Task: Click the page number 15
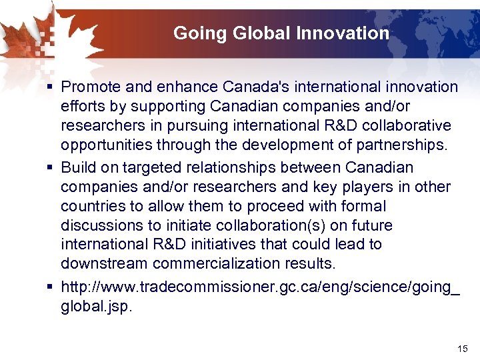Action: click(463, 349)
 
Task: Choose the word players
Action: click(379, 187)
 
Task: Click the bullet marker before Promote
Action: click(51, 87)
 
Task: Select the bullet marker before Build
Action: click(51, 167)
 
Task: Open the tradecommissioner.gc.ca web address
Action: click(261, 287)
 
